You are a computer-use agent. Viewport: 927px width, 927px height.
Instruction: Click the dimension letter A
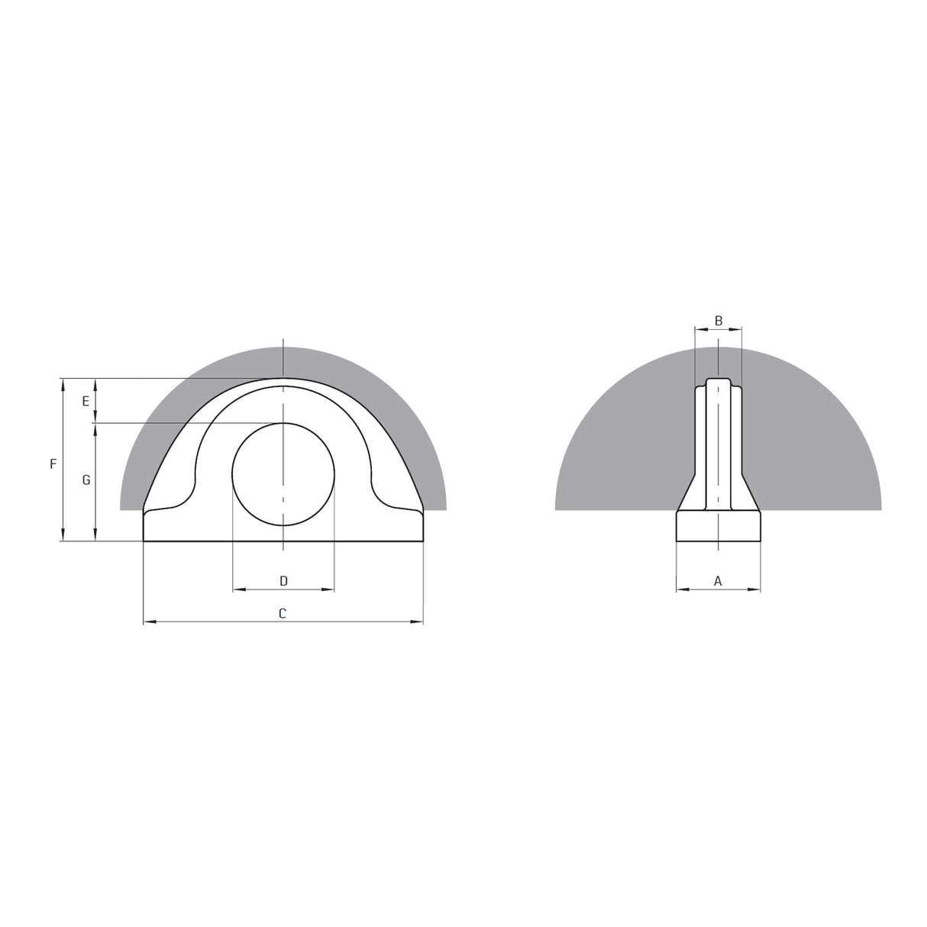[x=717, y=581]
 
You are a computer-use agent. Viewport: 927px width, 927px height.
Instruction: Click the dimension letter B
[x=719, y=321]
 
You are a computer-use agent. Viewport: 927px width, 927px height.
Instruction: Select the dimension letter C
[x=283, y=613]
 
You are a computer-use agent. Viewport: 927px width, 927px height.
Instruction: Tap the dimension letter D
[x=283, y=581]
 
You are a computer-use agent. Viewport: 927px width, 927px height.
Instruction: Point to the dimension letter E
[x=86, y=401]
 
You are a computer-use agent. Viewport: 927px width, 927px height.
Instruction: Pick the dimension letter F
[x=53, y=463]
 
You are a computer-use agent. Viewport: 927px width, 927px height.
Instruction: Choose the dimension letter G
[x=86, y=480]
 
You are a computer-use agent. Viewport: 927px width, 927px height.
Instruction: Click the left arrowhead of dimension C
[x=150, y=622]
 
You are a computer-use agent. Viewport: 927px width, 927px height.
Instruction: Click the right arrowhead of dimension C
[x=417, y=622]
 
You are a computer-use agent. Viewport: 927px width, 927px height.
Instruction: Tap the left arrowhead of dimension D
[x=239, y=589]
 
